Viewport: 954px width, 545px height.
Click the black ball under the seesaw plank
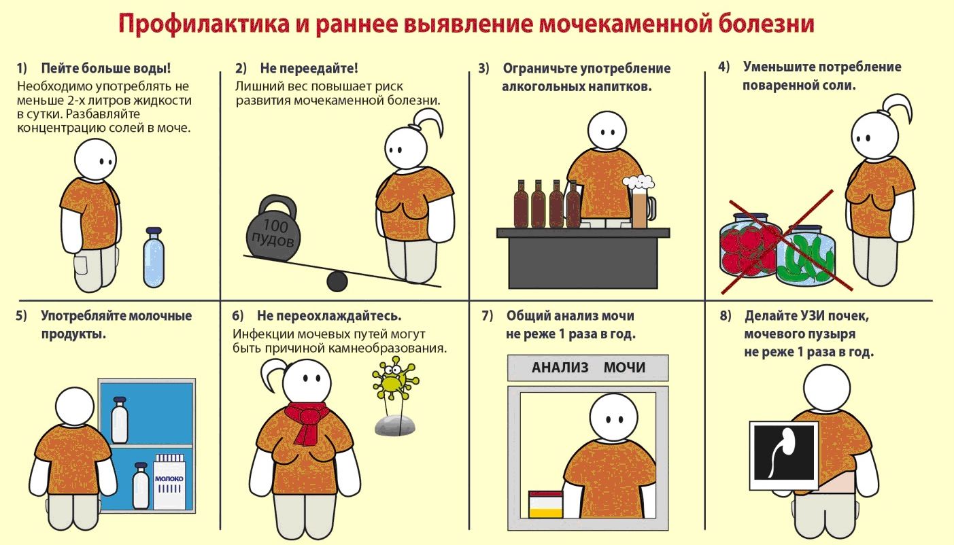pos(337,281)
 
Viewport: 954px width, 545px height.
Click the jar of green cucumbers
pos(806,256)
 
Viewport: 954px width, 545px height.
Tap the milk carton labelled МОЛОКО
pos(169,482)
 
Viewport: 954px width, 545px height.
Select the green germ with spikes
pos(393,383)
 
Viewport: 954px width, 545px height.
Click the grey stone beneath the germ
pos(395,425)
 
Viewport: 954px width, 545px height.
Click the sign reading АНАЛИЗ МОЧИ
pos(588,368)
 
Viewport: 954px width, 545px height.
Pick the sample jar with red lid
pos(545,504)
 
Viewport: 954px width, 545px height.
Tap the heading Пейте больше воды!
pos(105,69)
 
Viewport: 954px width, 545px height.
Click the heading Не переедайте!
pos(309,69)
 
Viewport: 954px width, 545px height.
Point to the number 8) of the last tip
pos(725,316)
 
